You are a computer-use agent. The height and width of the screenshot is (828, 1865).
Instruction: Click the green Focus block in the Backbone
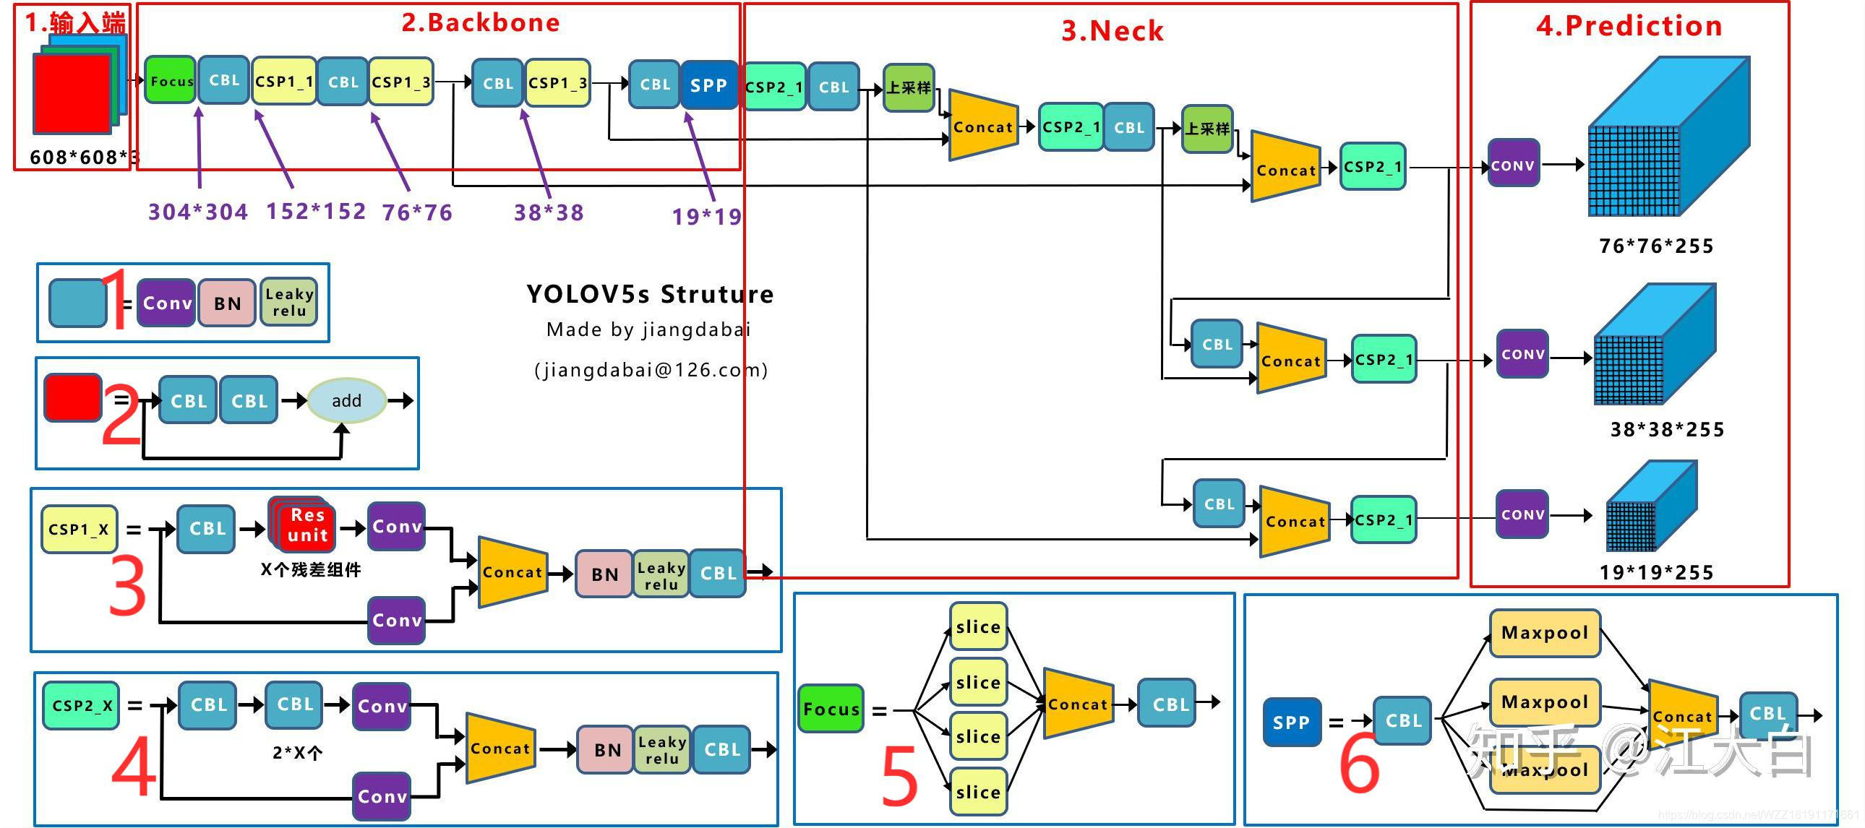[170, 80]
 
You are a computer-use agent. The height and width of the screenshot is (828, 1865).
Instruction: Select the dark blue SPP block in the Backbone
[708, 85]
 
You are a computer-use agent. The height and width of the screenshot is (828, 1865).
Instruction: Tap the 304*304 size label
[197, 212]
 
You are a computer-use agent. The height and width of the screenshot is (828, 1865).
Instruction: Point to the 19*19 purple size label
[707, 216]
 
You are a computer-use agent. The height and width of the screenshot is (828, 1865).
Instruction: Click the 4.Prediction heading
[1629, 26]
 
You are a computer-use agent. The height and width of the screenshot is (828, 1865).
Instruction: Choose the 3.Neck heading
[1112, 31]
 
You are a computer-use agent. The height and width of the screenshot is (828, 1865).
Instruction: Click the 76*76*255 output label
[1657, 246]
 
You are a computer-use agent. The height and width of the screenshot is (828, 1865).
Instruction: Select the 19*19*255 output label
[1657, 572]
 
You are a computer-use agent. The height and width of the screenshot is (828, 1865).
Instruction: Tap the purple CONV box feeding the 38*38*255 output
[1522, 354]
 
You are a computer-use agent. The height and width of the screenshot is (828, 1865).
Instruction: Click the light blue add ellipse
[346, 400]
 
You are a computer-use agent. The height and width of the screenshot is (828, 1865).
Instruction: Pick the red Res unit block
[306, 524]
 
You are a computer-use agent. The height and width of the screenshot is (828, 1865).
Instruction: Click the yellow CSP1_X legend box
[78, 529]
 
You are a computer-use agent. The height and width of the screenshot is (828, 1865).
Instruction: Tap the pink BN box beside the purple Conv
[227, 303]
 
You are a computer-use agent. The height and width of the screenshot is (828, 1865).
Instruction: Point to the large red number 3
[127, 586]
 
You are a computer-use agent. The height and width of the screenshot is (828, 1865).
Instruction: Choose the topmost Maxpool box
[1544, 633]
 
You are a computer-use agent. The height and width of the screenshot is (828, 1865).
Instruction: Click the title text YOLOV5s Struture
[649, 294]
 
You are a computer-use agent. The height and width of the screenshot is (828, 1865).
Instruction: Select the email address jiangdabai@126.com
[650, 370]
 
